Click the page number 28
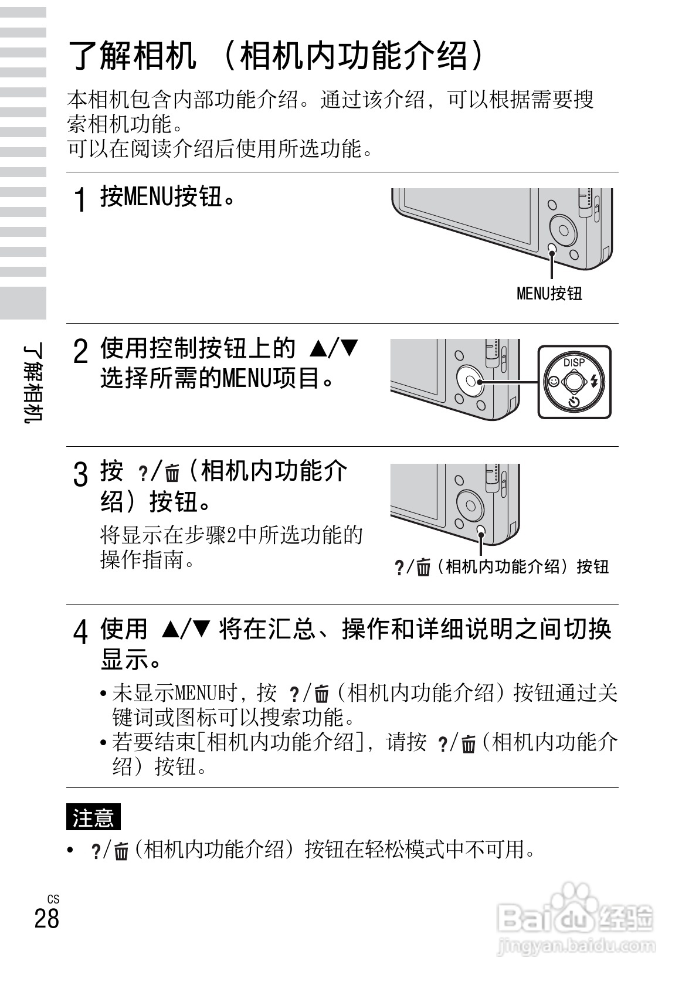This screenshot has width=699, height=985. (x=47, y=918)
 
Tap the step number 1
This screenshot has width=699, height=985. (x=81, y=199)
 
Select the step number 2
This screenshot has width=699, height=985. (x=81, y=352)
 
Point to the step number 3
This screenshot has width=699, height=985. (x=81, y=474)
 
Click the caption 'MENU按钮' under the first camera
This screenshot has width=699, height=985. (x=549, y=293)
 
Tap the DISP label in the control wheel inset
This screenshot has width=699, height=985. (x=574, y=362)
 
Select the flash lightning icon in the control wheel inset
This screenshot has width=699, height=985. (x=595, y=382)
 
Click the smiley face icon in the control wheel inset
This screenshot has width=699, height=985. (x=553, y=382)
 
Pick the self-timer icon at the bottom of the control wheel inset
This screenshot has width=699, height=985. (x=574, y=402)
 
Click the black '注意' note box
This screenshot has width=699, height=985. (x=93, y=817)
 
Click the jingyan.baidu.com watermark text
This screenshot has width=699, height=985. (x=575, y=945)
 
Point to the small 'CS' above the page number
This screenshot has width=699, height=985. (x=53, y=899)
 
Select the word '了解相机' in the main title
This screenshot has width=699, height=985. (x=133, y=56)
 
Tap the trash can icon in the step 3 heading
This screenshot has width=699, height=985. (x=172, y=473)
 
